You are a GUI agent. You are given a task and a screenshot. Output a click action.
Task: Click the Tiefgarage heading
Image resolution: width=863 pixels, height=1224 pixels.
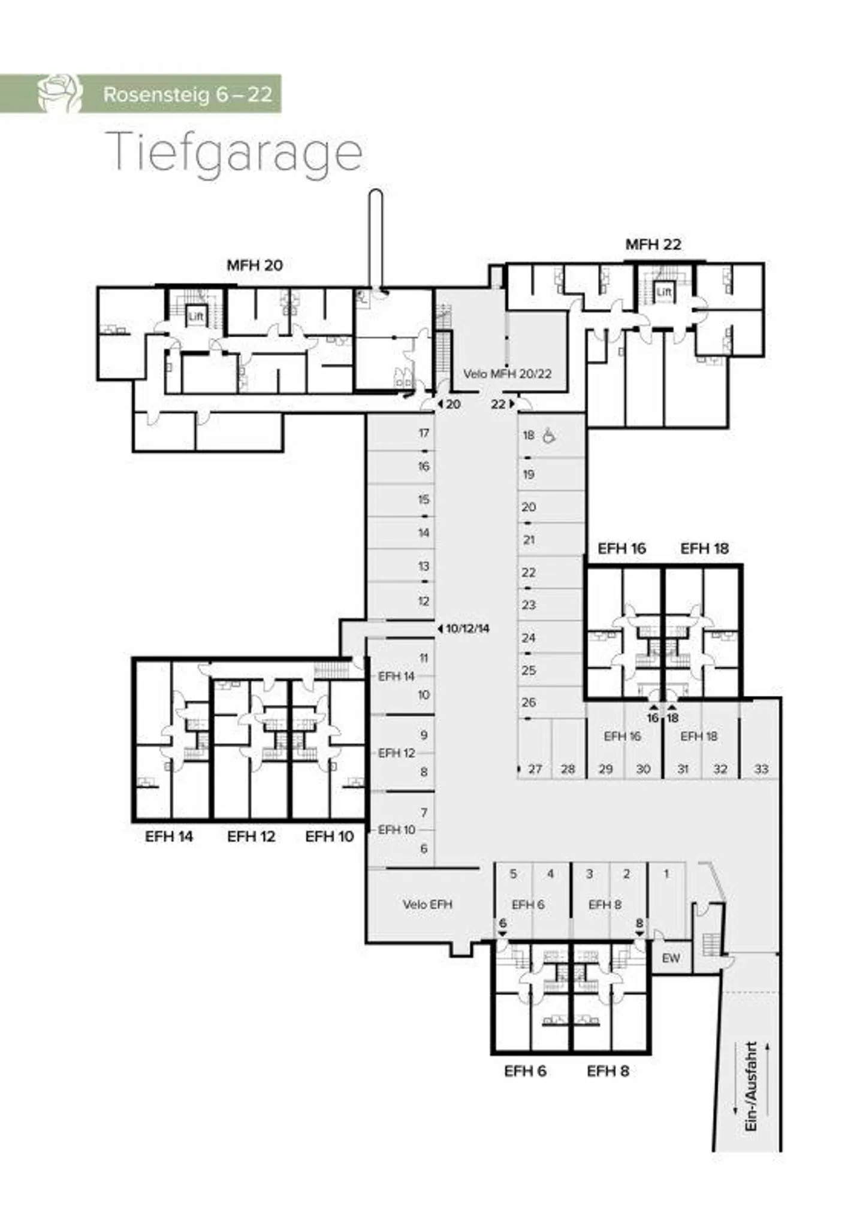[234, 153]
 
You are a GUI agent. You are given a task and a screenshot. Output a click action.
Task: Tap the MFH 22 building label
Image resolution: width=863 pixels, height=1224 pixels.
[653, 244]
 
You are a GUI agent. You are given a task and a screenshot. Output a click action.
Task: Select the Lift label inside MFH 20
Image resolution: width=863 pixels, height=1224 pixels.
[196, 316]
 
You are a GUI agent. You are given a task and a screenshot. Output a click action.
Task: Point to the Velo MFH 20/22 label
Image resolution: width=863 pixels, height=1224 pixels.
[507, 374]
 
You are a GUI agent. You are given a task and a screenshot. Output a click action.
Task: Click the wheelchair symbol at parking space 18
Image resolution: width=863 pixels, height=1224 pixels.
[548, 436]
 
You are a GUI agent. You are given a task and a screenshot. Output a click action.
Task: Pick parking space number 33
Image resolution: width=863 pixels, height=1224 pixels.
[761, 769]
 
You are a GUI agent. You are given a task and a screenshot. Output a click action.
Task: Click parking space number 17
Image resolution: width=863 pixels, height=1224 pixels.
[424, 433]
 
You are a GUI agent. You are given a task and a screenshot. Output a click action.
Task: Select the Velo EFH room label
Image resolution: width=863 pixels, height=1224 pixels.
[427, 904]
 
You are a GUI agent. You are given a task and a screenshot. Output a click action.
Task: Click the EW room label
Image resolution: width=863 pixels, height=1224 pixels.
[671, 958]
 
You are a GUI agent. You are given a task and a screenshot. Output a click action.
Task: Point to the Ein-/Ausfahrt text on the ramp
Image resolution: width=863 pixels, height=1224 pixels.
[751, 1086]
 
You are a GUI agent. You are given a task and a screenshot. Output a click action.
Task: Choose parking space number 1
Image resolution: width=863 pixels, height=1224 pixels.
[666, 874]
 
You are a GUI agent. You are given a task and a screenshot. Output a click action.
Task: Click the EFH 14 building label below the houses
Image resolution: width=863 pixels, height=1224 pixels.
[169, 836]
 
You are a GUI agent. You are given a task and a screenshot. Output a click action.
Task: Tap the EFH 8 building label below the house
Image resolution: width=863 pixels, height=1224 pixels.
[608, 1071]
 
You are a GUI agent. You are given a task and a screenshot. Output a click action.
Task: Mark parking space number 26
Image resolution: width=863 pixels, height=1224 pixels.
[528, 702]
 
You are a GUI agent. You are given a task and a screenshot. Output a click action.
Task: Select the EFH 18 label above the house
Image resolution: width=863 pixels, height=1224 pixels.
[704, 548]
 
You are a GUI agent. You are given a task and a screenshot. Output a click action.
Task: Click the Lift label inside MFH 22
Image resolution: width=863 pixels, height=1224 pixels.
[663, 292]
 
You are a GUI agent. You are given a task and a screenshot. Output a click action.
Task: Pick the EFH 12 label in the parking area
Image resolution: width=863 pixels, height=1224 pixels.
[396, 753]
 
